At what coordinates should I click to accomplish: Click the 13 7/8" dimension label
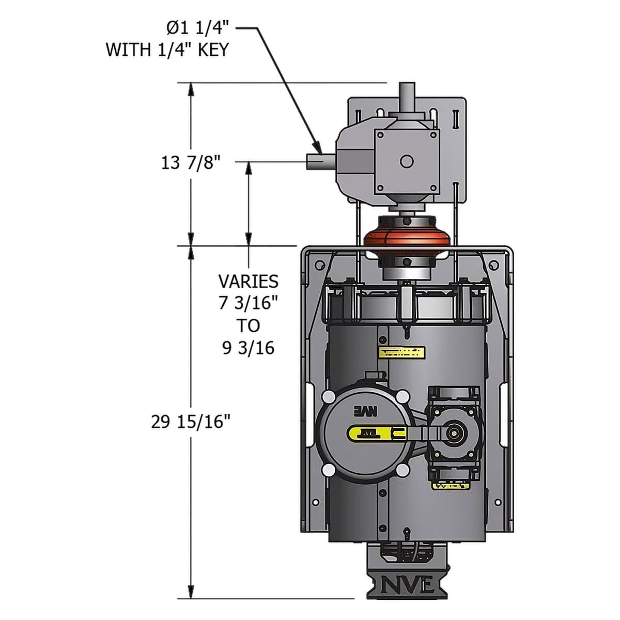pyautogui.click(x=191, y=163)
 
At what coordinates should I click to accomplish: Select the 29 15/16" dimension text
pyautogui.click(x=191, y=422)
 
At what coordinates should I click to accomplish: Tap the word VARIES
pyautogui.click(x=248, y=282)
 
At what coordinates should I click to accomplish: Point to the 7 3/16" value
pyautogui.click(x=248, y=303)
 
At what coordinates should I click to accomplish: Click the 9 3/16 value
pyautogui.click(x=248, y=348)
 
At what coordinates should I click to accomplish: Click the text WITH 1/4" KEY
pyautogui.click(x=167, y=50)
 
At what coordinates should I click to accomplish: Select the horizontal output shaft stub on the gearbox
pyautogui.click(x=316, y=161)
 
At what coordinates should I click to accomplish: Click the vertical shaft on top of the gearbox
pyautogui.click(x=407, y=95)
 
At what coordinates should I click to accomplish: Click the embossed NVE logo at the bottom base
pyautogui.click(x=407, y=585)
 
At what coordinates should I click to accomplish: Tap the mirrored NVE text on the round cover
pyautogui.click(x=366, y=412)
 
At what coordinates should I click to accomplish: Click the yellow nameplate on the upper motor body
pyautogui.click(x=401, y=353)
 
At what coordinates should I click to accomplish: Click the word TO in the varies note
pyautogui.click(x=248, y=326)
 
